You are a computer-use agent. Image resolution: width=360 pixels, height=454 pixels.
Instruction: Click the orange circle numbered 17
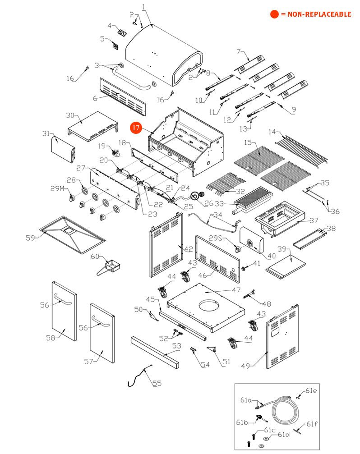pyautogui.click(x=136, y=128)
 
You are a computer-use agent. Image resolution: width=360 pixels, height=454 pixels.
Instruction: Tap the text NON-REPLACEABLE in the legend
pyautogui.click(x=316, y=14)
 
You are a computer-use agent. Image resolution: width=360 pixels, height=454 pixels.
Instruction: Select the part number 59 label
pyautogui.click(x=30, y=238)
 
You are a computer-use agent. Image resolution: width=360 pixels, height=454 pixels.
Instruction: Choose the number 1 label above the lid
pyautogui.click(x=143, y=7)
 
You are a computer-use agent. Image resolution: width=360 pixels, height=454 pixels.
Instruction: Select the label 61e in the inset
pyautogui.click(x=311, y=390)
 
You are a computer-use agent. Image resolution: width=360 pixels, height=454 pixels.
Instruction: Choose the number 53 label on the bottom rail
pyautogui.click(x=177, y=346)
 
